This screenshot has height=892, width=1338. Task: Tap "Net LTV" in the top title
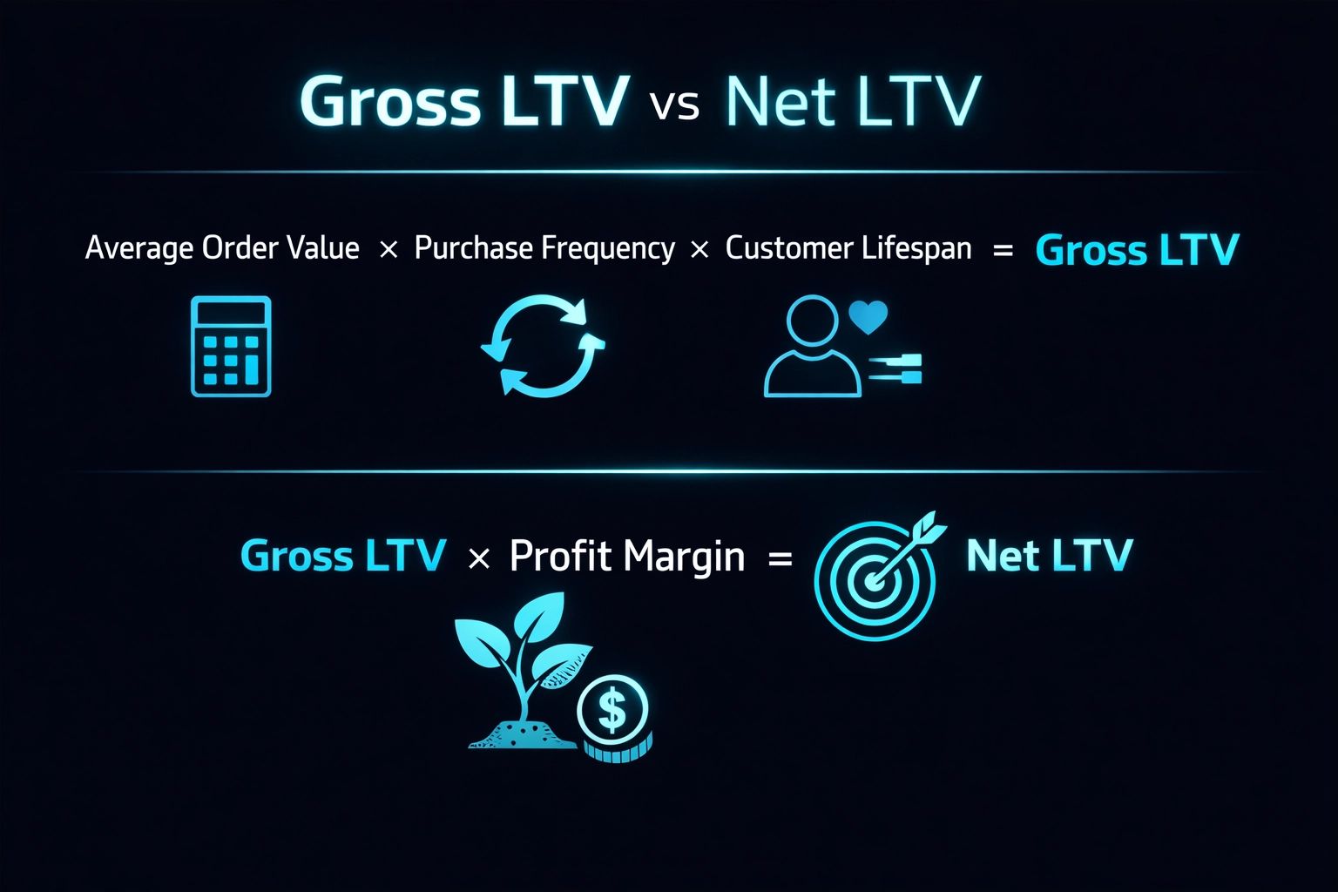coord(852,102)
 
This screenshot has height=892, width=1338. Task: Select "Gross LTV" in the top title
coord(463,102)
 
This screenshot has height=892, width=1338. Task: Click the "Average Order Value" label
coord(222,249)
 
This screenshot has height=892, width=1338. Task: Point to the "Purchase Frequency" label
coord(544,249)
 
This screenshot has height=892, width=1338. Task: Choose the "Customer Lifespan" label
coord(848,249)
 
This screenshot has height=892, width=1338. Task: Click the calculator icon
coord(231,347)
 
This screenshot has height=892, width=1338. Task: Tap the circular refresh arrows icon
coord(543,346)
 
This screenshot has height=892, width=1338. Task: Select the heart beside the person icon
coord(868,317)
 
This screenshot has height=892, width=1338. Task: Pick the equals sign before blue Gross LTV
coord(1003,251)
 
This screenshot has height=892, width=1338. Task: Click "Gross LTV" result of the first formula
coord(1137,251)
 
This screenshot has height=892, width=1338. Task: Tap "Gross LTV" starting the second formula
coord(342,556)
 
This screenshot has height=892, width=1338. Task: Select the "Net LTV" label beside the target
coord(1049,556)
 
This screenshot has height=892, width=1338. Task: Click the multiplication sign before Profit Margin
coord(479,558)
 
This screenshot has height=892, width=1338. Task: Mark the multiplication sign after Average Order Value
coord(389,250)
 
